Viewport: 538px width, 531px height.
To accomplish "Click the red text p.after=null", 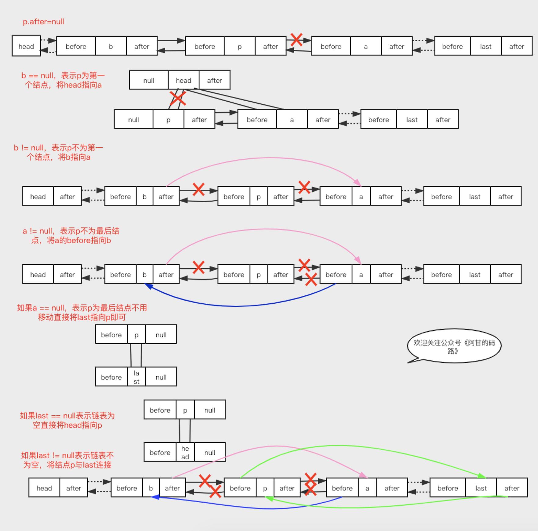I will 43,22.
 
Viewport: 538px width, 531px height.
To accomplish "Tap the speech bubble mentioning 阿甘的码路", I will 454,346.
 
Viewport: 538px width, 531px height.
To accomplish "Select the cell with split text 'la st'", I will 136,377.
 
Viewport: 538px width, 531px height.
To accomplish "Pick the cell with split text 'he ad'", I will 185,452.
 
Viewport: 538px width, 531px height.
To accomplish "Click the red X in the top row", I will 296,40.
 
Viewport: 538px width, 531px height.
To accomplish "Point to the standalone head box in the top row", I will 26,46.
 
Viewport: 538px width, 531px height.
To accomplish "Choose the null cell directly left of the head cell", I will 149,80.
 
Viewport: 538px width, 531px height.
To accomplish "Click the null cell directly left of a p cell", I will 133,120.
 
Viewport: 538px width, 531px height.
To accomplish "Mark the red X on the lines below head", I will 177,99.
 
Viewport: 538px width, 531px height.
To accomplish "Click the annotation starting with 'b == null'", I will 63,80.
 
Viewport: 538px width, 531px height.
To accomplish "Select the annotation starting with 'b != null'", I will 58,152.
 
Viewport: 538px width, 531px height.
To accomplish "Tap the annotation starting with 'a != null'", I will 71,235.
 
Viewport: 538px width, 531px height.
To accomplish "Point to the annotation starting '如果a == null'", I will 82,312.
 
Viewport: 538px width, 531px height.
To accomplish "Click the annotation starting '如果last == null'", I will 67,420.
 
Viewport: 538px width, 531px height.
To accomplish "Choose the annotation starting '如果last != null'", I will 67,460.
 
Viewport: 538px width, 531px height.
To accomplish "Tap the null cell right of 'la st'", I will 161,377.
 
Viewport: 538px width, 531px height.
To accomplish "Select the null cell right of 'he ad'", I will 210,452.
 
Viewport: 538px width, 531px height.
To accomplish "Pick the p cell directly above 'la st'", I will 136,334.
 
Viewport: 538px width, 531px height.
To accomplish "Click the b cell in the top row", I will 111,46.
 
